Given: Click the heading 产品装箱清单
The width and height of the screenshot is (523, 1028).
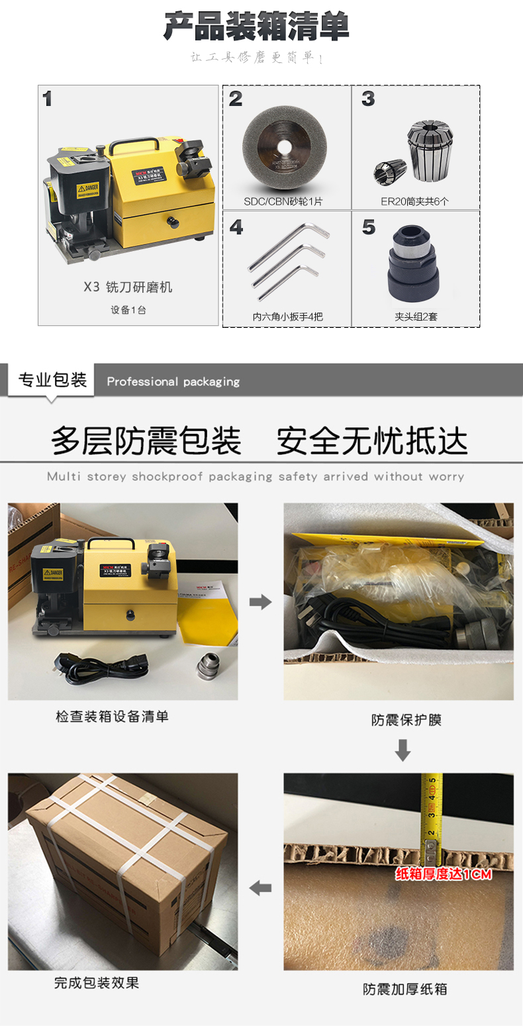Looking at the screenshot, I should point(256,26).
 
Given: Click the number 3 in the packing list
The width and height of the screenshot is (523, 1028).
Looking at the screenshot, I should point(369,99).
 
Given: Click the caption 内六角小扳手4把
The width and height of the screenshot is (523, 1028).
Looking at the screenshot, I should point(287,317).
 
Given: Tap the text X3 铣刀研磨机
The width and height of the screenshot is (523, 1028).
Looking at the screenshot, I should point(128,287).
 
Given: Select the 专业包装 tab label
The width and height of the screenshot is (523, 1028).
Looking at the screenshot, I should point(52,380).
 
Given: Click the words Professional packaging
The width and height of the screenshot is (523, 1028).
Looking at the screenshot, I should point(173,382).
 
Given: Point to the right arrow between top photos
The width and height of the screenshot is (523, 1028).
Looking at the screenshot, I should point(260,602).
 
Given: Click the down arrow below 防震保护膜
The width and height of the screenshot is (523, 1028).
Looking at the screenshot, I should point(403,750).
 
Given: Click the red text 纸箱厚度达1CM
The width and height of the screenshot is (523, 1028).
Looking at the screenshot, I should point(444,874).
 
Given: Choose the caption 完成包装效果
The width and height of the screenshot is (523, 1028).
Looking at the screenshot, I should point(97,983).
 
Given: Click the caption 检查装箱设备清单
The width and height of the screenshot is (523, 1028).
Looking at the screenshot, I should point(112,716).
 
